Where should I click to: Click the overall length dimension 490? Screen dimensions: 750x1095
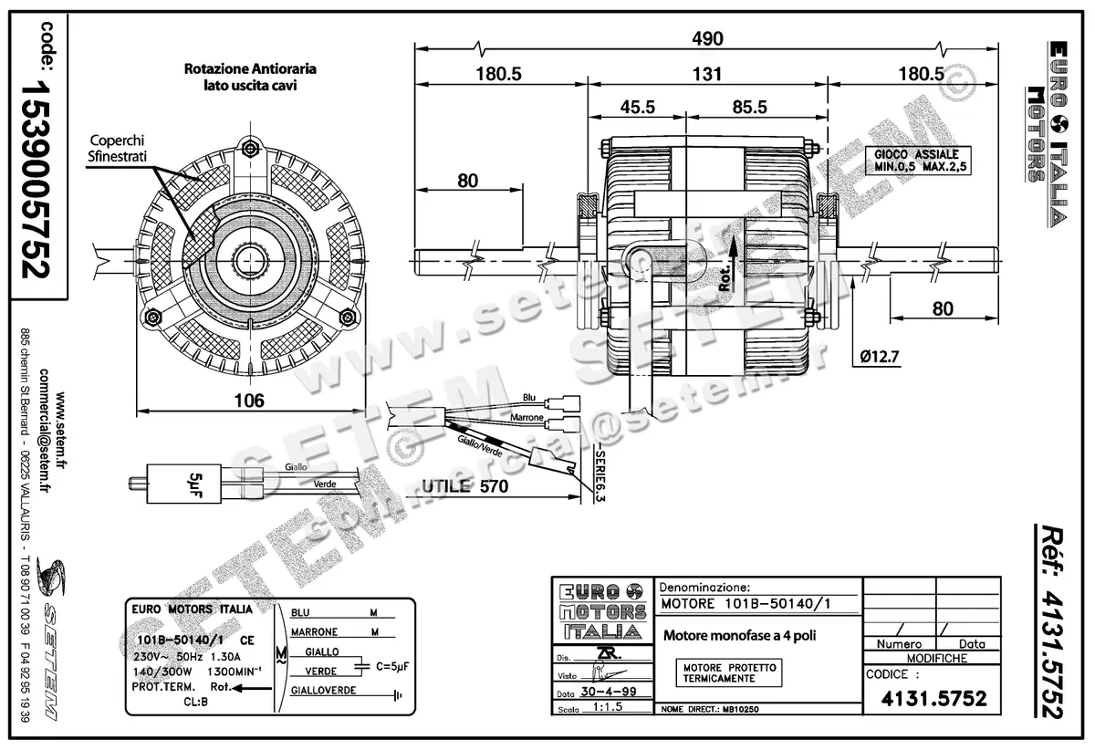click(x=707, y=38)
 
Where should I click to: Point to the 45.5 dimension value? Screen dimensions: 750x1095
click(x=638, y=107)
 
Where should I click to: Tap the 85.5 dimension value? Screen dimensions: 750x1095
click(x=747, y=107)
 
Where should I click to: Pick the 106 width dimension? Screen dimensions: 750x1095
click(x=248, y=400)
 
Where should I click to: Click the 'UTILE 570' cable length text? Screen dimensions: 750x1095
click(x=465, y=486)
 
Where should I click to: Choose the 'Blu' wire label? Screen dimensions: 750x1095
click(x=529, y=399)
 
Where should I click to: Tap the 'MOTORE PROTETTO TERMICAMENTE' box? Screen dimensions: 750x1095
click(x=730, y=673)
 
